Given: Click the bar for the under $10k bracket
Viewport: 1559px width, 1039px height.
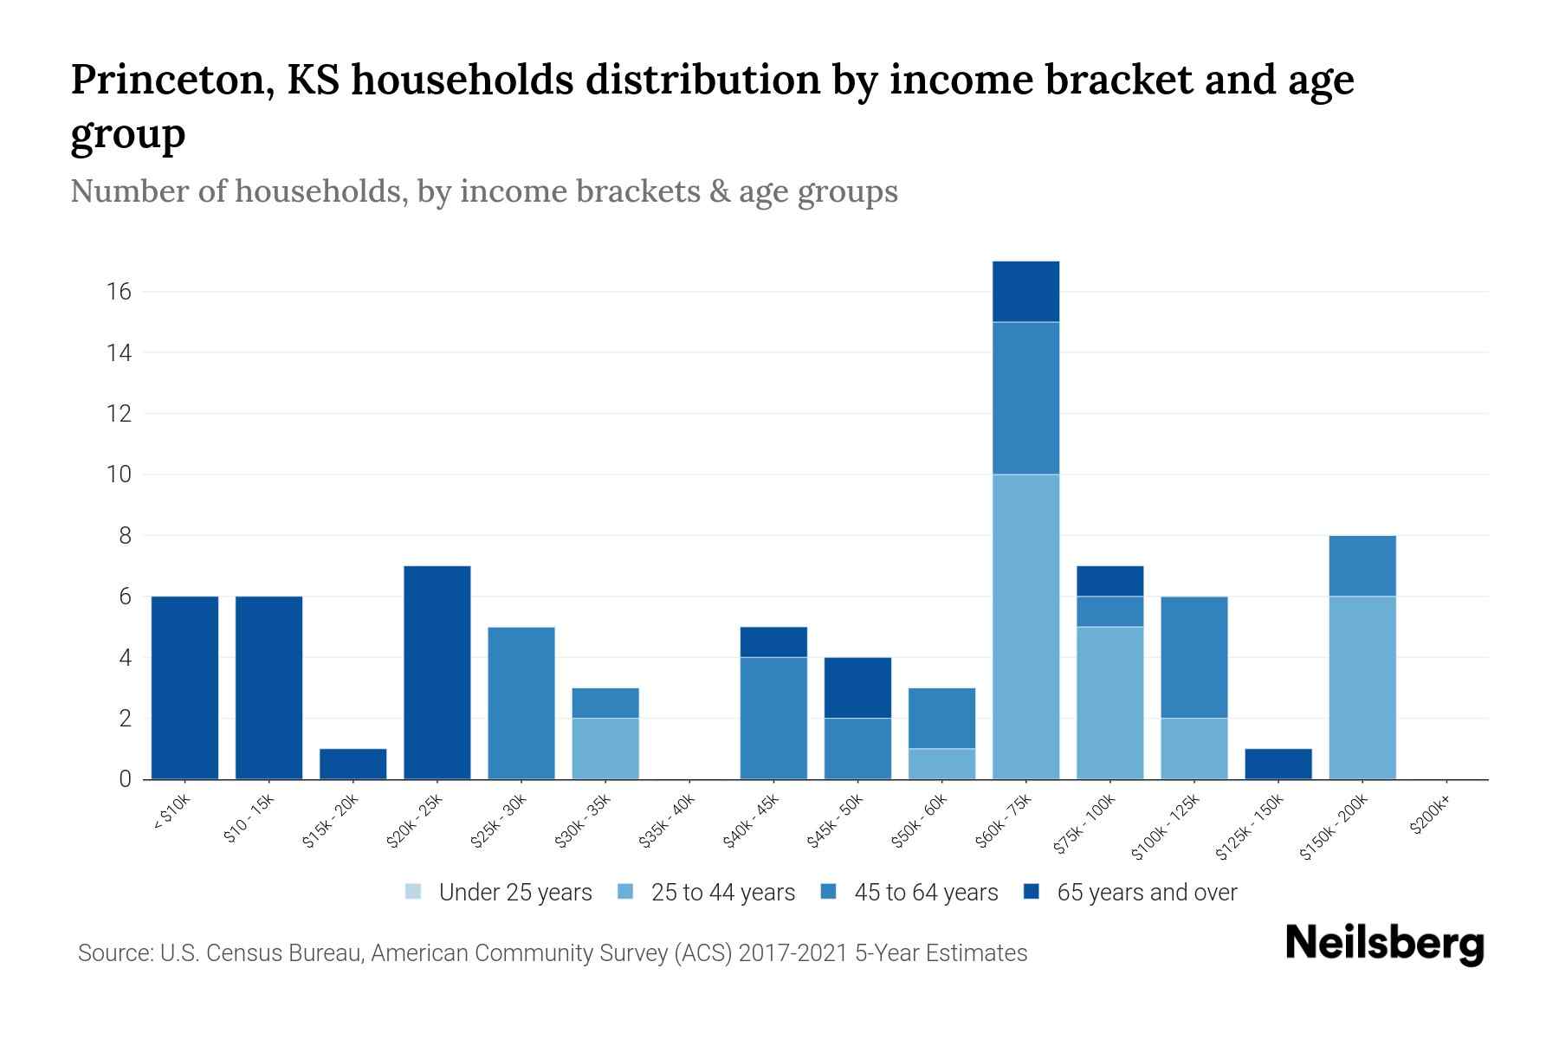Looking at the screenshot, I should (184, 687).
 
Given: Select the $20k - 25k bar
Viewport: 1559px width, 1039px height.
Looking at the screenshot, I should (437, 673).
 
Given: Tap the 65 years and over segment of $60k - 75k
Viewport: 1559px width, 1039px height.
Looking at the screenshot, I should (1025, 292).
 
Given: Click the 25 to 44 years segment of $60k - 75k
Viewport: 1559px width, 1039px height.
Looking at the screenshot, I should (1025, 627).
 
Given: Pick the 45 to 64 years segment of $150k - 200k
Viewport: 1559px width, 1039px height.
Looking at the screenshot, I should (1362, 566).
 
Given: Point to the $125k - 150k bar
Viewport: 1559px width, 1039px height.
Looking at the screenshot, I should (1278, 764).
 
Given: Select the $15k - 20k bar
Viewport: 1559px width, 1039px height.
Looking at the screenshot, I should (353, 764).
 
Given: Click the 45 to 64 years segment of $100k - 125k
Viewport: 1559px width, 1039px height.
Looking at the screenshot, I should (1194, 657).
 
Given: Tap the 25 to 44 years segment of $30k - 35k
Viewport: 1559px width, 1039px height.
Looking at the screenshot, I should (605, 748).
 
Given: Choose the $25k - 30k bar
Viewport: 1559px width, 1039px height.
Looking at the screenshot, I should (521, 703).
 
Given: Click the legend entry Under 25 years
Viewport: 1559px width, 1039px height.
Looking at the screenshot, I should (499, 893).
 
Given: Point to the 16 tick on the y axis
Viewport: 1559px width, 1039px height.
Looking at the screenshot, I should (119, 292).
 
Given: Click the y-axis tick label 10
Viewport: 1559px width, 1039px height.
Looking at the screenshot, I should (119, 474).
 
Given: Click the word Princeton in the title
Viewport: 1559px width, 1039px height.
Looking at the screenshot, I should (169, 80).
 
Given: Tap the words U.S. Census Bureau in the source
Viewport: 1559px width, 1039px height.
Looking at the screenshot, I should (263, 953).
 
